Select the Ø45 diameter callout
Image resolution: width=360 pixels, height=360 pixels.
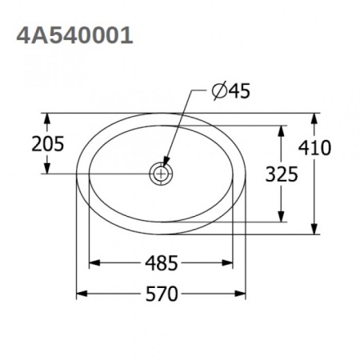pos(231,91)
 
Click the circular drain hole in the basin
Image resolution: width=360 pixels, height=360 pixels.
pos(162,173)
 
